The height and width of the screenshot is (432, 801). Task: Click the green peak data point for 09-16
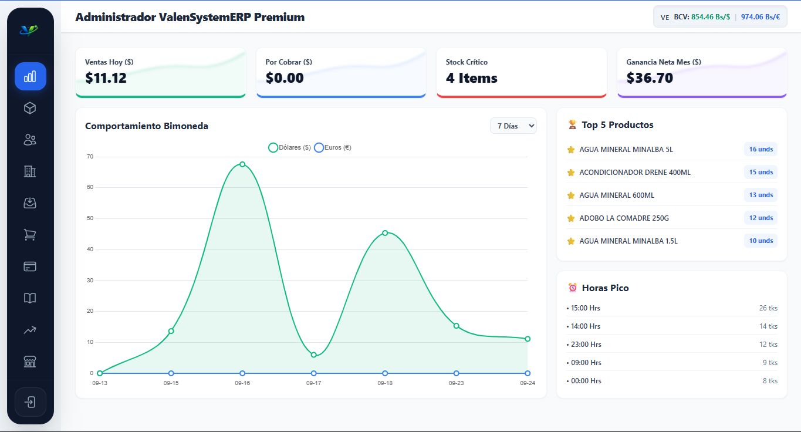[242, 164]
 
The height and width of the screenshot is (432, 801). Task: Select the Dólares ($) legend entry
[290, 147]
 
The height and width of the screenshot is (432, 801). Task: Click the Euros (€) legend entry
[333, 147]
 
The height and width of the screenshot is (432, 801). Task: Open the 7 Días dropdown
[513, 126]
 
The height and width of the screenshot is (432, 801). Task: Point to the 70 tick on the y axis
[90, 157]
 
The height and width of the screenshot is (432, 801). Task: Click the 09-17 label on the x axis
[313, 383]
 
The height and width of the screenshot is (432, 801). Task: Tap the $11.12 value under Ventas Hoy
[106, 78]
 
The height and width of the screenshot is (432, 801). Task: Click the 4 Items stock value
[471, 78]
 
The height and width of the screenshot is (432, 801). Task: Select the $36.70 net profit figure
[650, 78]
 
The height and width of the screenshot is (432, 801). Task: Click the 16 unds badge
[761, 149]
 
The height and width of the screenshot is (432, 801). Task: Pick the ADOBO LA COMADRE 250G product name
[624, 218]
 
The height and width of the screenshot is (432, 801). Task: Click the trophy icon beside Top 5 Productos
[573, 125]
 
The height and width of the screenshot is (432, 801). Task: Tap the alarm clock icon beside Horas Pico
[573, 288]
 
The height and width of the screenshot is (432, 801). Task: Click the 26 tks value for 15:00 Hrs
[768, 308]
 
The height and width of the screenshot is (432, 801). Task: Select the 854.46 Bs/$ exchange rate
[711, 17]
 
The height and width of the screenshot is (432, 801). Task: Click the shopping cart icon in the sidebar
[30, 235]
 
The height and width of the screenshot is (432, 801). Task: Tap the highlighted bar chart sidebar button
[31, 76]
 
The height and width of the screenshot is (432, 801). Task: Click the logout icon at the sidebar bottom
[30, 402]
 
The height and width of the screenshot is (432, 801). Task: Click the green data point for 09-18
[385, 233]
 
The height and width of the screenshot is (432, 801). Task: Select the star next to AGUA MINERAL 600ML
[571, 195]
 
